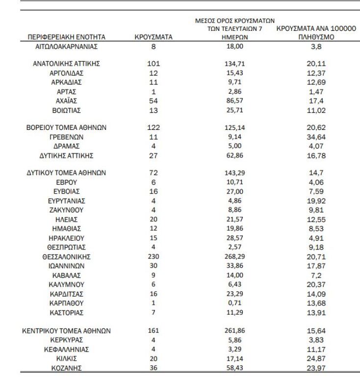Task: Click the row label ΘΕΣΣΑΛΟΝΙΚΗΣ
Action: (x=67, y=256)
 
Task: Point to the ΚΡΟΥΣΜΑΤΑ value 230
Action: (x=154, y=256)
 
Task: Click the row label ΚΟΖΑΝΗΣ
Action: (x=67, y=368)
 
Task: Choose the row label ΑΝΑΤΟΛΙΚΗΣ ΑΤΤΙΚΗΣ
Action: (x=67, y=63)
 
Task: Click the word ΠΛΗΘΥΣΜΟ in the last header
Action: (x=316, y=37)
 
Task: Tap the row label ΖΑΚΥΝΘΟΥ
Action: (x=67, y=210)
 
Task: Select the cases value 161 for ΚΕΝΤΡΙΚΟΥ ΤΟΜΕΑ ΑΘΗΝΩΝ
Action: (x=154, y=330)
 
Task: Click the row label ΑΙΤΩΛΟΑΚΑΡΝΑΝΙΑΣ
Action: (x=67, y=47)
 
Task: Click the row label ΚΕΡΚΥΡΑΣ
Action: (x=67, y=340)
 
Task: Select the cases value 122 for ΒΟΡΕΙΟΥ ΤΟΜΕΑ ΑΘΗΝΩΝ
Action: (x=154, y=128)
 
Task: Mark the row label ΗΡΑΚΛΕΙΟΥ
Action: (x=67, y=237)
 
